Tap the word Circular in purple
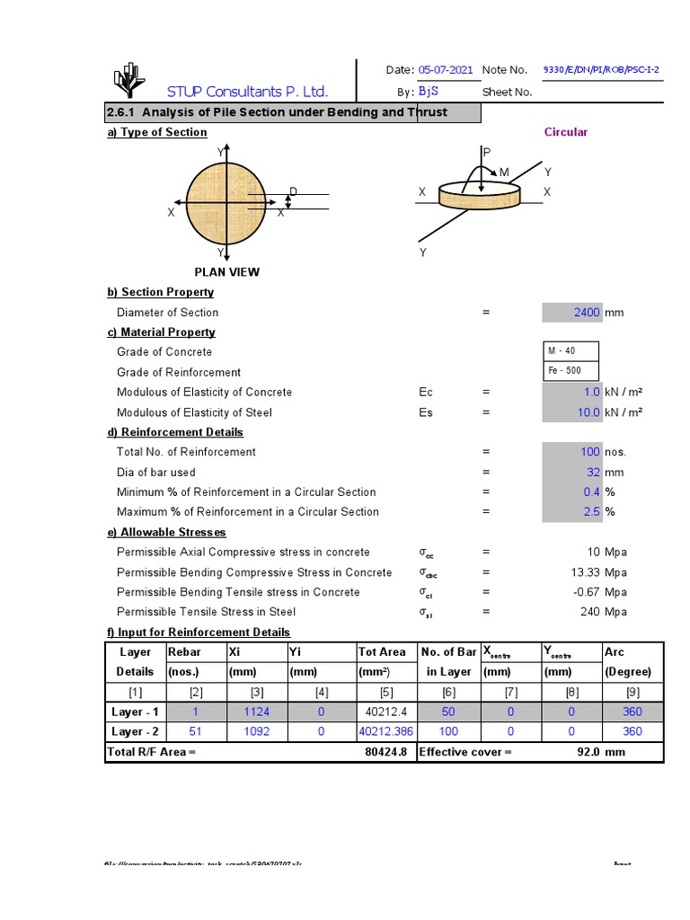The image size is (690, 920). tap(566, 132)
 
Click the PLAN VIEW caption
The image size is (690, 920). tap(227, 272)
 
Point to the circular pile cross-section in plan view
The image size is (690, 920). tap(227, 203)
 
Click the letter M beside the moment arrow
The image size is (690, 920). tap(504, 172)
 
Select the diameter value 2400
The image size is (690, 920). tap(586, 313)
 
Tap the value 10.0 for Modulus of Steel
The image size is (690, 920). tap(588, 412)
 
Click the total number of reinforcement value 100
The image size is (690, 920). tap(590, 452)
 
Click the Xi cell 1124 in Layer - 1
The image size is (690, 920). tap(257, 712)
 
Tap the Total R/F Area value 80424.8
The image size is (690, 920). tap(387, 752)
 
